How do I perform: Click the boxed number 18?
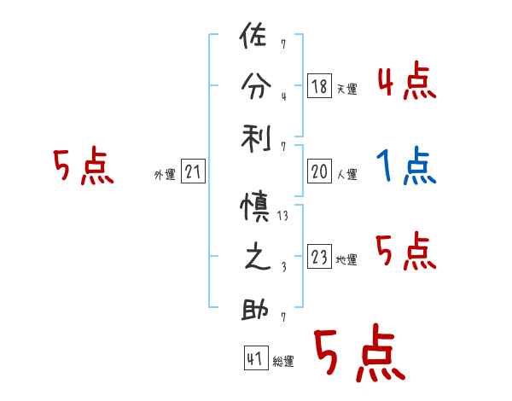pos(320,86)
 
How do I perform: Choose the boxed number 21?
pos(193,172)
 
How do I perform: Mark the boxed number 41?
pos(254,359)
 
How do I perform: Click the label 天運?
pos(346,89)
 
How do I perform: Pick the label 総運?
pos(282,362)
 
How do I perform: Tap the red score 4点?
pos(406,83)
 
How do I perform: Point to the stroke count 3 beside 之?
pos(282,268)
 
